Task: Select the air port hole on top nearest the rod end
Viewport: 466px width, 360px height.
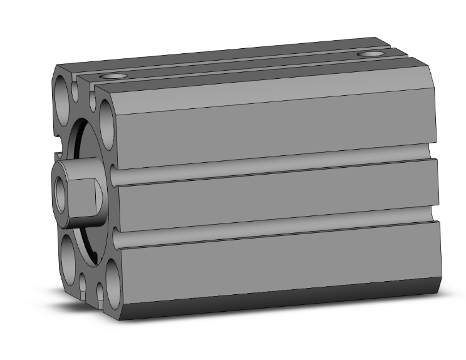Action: [x=113, y=76]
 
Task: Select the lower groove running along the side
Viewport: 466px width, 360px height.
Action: [x=269, y=230]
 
